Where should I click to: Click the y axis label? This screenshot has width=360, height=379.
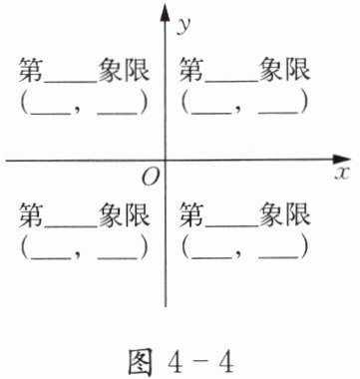tap(184, 26)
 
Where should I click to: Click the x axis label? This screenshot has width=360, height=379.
tap(342, 173)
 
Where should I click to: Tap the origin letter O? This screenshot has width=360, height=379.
tap(151, 178)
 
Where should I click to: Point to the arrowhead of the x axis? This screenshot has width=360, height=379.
tap(341, 160)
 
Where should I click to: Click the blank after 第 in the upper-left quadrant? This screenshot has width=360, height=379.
tap(71, 81)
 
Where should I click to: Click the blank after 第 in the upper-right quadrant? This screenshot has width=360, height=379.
tap(232, 81)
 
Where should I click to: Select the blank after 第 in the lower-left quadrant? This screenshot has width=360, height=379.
tap(71, 226)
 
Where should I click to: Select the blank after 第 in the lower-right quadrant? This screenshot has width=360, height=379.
tap(232, 226)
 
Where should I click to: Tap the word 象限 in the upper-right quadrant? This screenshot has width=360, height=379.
tap(284, 70)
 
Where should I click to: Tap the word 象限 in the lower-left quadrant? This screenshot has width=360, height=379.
tap(124, 215)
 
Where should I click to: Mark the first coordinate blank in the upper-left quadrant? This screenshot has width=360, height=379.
tap(51, 114)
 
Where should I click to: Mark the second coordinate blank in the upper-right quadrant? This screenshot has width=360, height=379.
tap(278, 114)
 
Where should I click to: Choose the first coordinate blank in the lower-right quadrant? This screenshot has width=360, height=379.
tap(211, 258)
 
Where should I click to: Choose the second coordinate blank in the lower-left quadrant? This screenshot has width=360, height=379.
tap(117, 258)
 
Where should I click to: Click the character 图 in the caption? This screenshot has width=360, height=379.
tap(141, 363)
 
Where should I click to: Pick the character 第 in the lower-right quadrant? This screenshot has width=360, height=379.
tap(191, 215)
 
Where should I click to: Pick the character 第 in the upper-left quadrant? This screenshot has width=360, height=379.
tap(31, 70)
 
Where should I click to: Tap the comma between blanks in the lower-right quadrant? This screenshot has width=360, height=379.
tap(240, 256)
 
